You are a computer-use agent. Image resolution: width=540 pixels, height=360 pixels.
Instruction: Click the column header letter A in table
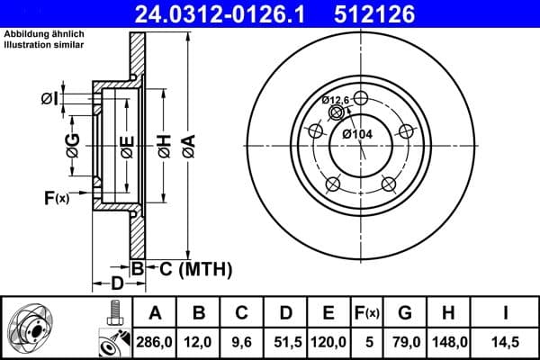pyautogui.click(x=155, y=313)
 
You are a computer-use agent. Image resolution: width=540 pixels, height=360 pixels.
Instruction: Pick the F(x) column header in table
pyautogui.click(x=367, y=313)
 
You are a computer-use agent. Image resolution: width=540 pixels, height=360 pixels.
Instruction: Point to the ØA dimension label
pyautogui.click(x=187, y=145)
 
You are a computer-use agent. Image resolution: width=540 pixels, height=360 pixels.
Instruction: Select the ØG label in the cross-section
pyautogui.click(x=72, y=144)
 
